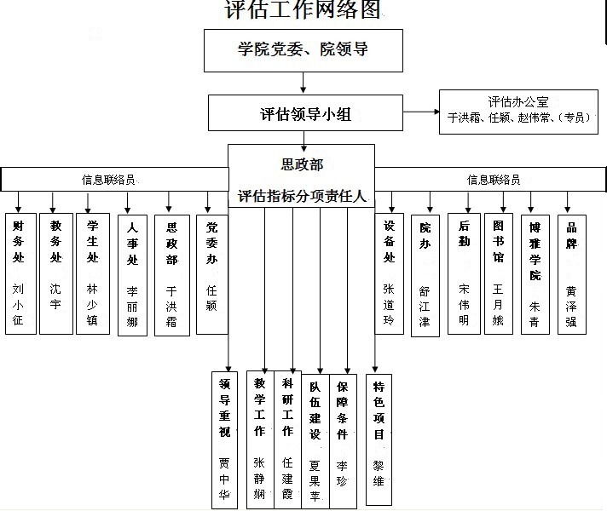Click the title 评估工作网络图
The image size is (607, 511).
[303, 10]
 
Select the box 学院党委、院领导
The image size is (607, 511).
[303, 50]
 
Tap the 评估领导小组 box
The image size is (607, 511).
[306, 112]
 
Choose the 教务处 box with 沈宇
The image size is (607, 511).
[56, 273]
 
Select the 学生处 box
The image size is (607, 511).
[92, 273]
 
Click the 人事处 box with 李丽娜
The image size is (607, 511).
[132, 275]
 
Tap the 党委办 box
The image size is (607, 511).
[211, 273]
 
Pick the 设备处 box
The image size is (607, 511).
[390, 273]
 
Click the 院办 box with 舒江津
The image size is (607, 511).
[425, 275]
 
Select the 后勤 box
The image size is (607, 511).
[464, 273]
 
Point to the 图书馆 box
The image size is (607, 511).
[500, 273]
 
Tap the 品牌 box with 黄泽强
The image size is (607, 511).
[571, 273]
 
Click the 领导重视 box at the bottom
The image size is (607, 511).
[224, 439]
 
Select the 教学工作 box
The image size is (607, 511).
[260, 439]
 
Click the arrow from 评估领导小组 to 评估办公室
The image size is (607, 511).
[420, 112]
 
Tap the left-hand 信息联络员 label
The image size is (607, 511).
[108, 180]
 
